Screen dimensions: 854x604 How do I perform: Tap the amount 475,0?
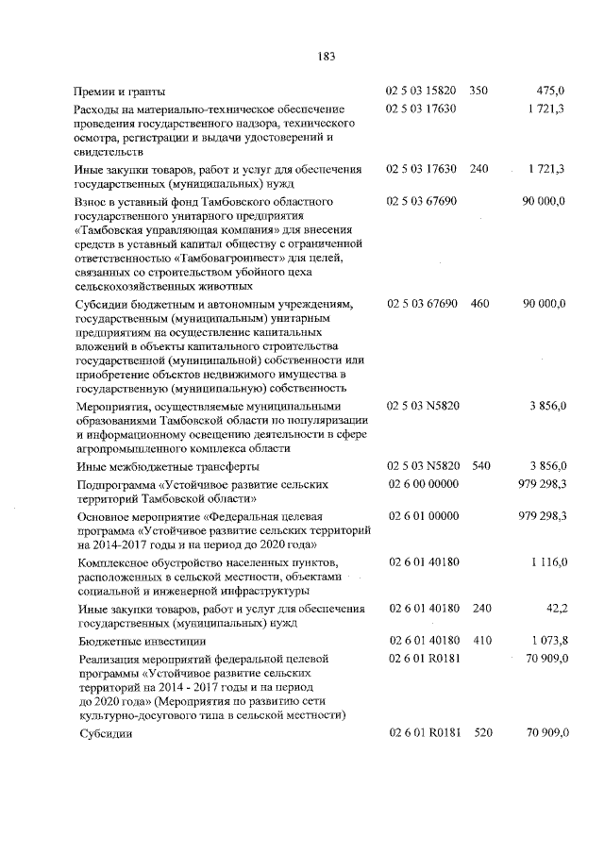click(550, 92)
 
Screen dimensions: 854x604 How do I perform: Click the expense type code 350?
click(478, 92)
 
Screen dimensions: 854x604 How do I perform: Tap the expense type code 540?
click(478, 466)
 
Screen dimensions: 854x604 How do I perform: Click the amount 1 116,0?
click(547, 562)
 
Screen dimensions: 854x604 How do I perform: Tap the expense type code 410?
click(478, 641)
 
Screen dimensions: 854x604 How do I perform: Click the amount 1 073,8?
click(547, 641)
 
